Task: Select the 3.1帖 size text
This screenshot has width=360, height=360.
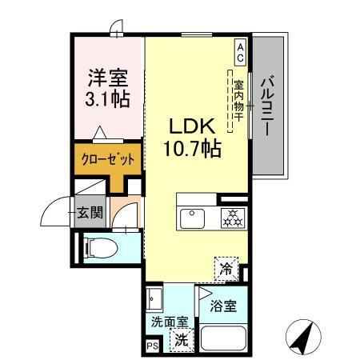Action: [x=104, y=101]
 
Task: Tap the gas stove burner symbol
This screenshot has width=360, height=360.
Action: [x=232, y=218]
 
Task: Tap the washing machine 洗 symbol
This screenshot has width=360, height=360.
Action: [x=182, y=338]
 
